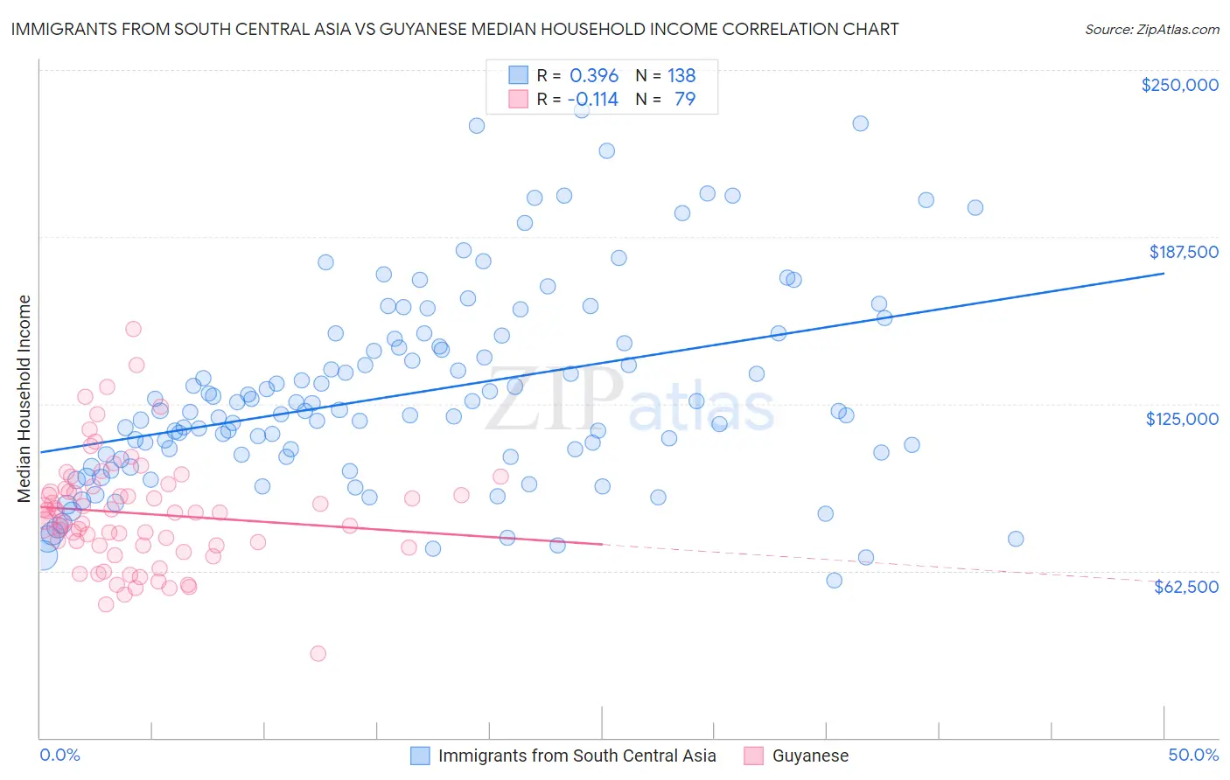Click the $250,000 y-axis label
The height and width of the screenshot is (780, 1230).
[1179, 85]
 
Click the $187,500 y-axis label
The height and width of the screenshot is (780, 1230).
[1183, 252]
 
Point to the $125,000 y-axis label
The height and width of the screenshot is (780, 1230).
[1182, 419]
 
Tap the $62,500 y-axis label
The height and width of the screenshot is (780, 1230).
[1185, 587]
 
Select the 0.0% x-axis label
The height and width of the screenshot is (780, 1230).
[59, 755]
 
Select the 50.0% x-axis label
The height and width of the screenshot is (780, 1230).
[1193, 755]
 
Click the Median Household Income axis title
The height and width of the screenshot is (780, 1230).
[24, 399]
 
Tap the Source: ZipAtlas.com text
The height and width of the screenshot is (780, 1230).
[1151, 29]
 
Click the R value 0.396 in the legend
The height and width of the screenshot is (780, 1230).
[594, 76]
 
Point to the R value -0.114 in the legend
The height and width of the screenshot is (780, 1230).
[593, 99]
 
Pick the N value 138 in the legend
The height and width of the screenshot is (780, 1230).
[681, 76]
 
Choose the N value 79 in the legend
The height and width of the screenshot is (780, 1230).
[685, 99]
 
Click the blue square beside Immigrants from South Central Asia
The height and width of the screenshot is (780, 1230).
[420, 756]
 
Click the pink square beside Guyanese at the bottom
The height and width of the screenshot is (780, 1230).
[753, 756]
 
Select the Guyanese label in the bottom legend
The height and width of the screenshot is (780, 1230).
[810, 756]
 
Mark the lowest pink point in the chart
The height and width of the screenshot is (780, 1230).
[318, 653]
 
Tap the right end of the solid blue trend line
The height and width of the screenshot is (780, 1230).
[1164, 274]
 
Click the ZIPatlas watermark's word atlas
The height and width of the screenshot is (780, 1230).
[702, 405]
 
